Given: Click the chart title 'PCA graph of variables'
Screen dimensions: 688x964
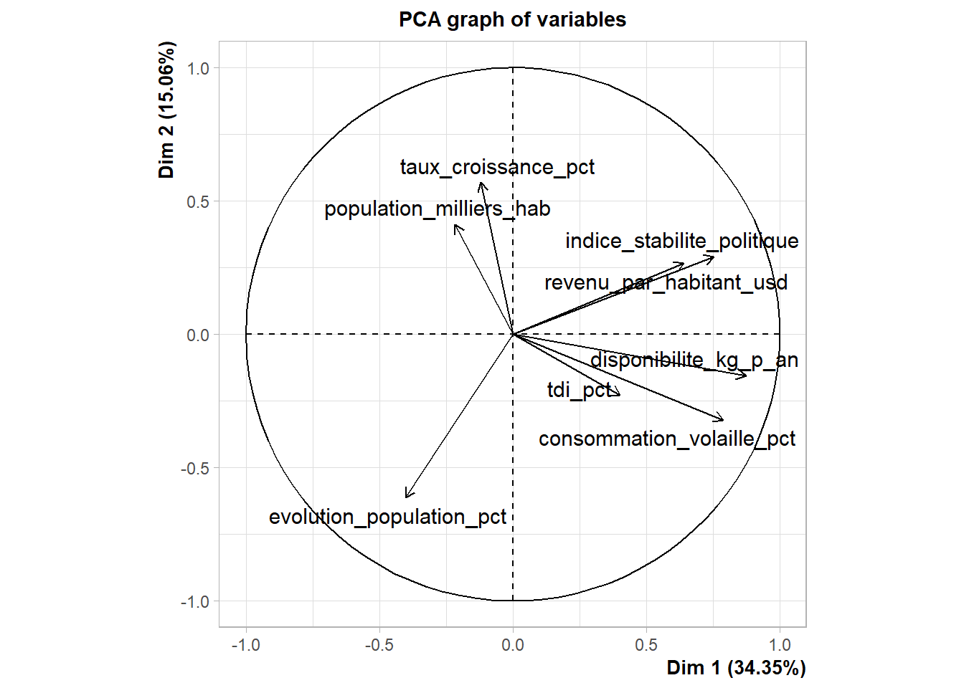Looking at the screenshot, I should coord(512,19).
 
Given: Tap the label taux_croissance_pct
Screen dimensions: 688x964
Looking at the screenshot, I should coord(497,167).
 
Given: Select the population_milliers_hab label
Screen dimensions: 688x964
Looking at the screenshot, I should coord(437,209).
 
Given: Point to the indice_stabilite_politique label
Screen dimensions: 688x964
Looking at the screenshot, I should coord(681,241).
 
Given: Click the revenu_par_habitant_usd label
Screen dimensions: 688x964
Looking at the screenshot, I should coord(666,282).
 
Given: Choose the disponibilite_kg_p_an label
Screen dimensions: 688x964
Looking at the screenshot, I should coord(694,360).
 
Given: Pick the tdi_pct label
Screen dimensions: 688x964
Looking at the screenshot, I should coord(579,390).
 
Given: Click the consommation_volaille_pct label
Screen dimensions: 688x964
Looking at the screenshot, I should coord(666,439).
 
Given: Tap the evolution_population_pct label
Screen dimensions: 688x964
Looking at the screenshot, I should coord(387,517).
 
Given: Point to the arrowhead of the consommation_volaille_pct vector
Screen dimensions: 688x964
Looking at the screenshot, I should coord(723,420).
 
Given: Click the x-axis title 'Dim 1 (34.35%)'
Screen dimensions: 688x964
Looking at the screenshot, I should coord(736,668).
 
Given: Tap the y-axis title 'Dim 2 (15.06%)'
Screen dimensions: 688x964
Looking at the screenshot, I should coord(167,110).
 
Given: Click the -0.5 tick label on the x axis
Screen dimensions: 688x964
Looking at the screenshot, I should coord(379,645).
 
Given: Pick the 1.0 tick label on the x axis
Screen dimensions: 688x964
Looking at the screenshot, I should coord(780,645).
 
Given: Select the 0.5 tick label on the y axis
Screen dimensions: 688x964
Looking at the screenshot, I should coord(198,201).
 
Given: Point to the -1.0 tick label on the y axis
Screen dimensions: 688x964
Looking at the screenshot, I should coord(194,601).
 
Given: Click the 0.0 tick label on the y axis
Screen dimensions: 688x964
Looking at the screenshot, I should coord(198,335).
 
